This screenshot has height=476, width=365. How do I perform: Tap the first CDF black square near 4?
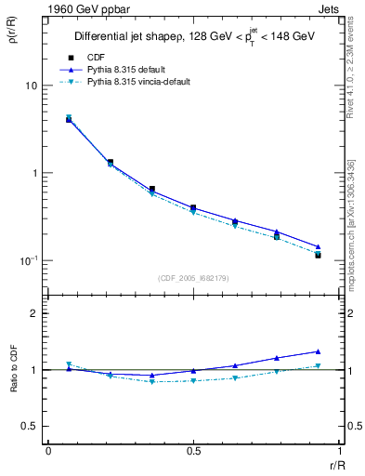(69, 120)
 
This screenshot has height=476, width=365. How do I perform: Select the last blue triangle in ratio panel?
(318, 351)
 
